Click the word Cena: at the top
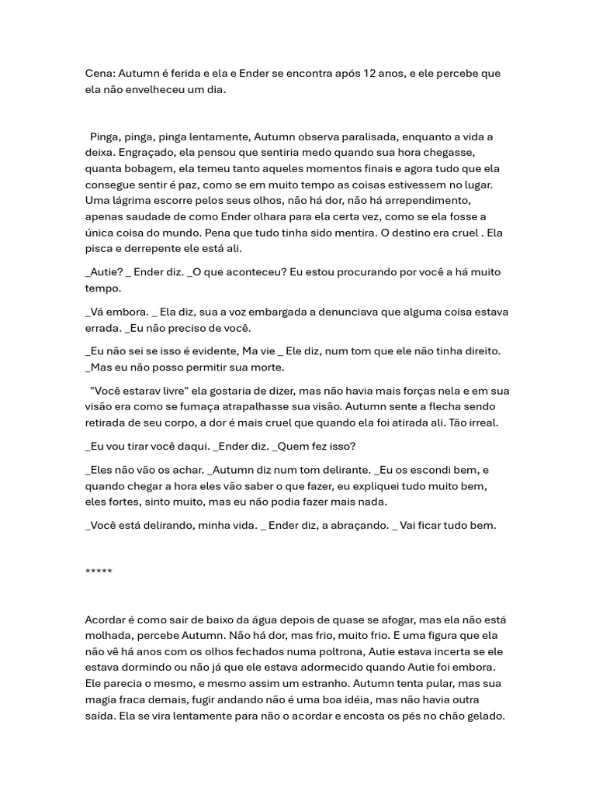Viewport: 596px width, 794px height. tap(101, 74)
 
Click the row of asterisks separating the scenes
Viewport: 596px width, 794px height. tap(99, 572)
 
